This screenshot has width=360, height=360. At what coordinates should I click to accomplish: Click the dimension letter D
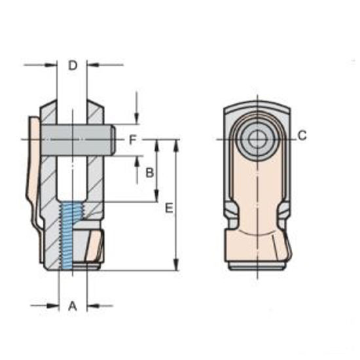pos(73,65)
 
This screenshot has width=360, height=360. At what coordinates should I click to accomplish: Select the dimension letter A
pos(73,306)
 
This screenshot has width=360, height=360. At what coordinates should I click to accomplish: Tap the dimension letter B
pos(149,173)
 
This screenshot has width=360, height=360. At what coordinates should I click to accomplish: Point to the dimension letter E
pos(169,208)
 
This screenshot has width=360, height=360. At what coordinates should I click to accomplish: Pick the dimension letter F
pos(132,139)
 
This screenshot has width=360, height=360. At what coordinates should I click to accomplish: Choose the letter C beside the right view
pos(302,135)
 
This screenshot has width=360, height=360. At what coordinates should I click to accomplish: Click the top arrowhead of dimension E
pos(177,144)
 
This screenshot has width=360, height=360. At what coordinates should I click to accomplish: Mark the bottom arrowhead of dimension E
pos(177,265)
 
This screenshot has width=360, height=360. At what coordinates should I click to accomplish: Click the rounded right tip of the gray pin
pos(114,139)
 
